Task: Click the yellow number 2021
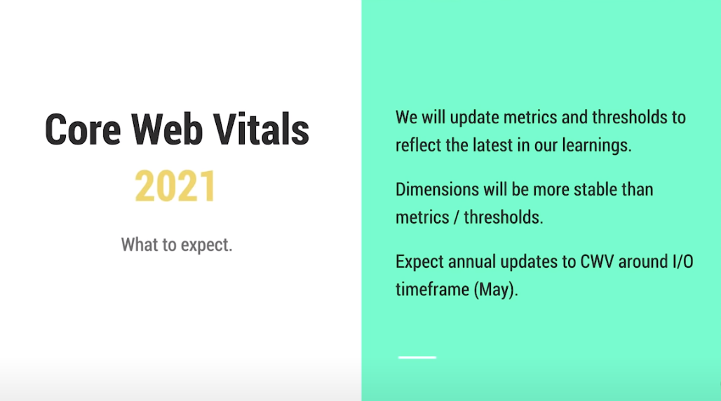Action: (176, 187)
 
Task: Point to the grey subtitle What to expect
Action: (176, 245)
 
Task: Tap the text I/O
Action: (680, 262)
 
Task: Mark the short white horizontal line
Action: (417, 358)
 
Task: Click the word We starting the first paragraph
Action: (406, 116)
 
